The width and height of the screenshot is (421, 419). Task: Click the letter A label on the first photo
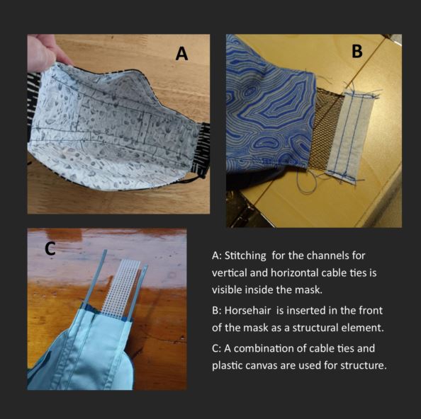click(181, 53)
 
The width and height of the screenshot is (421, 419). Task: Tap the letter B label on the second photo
click(357, 51)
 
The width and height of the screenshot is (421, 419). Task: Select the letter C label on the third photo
click(50, 248)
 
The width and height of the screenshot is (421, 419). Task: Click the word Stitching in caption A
click(245, 256)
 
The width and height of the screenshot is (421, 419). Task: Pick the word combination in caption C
click(264, 348)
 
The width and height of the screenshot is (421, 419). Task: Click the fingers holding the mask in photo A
click(45, 52)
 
